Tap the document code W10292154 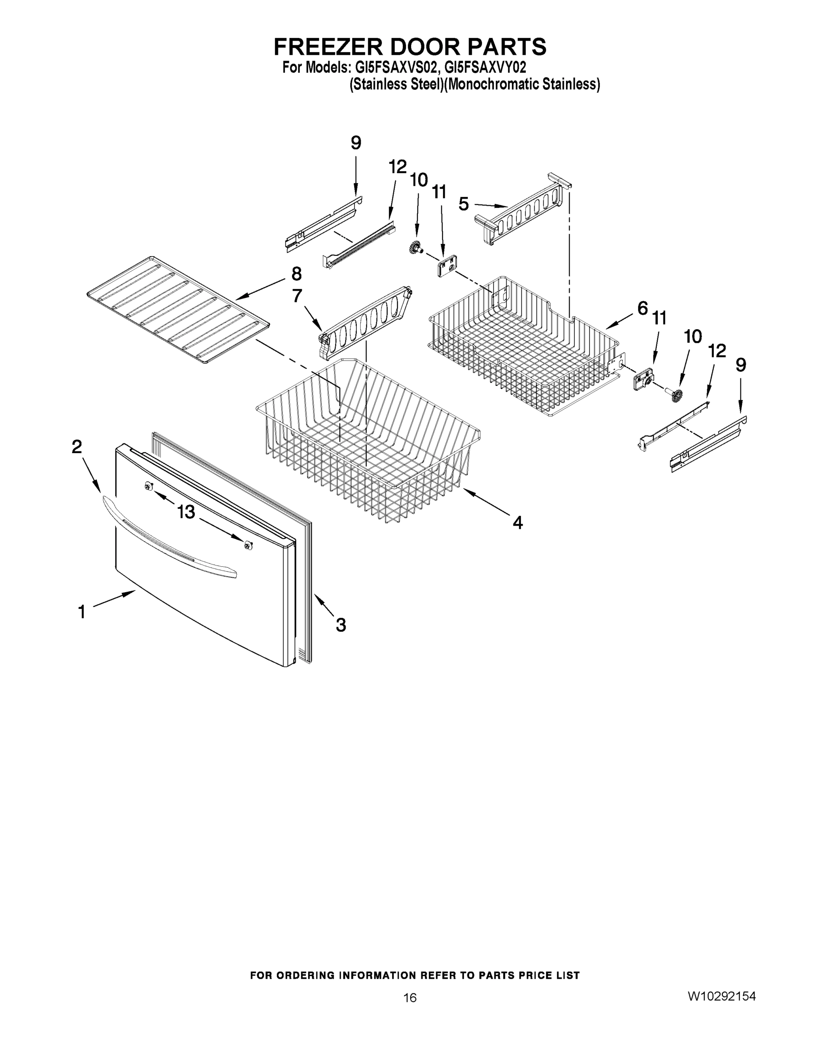pos(721,996)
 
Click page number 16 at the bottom pos(409,998)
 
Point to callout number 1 pos(82,612)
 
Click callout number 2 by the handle pos(77,446)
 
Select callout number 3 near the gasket pos(341,625)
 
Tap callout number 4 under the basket pos(517,523)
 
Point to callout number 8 pos(296,274)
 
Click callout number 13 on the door pos(186,512)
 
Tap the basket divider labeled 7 pos(365,321)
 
